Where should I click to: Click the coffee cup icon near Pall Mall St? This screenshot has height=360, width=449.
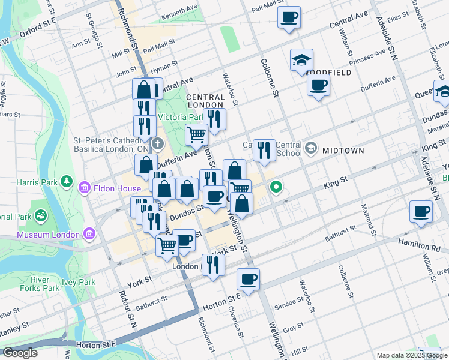(289, 17)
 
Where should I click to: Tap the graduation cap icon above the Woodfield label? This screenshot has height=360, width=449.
(301, 60)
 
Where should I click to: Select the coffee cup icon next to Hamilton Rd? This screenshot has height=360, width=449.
(421, 211)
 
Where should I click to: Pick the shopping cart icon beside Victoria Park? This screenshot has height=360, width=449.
(196, 135)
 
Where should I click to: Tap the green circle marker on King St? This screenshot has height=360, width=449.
(276, 187)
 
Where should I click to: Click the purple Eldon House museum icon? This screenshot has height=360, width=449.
(84, 188)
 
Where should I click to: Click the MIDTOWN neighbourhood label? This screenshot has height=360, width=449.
(343, 151)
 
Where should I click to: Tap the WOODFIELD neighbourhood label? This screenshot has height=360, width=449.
(330, 72)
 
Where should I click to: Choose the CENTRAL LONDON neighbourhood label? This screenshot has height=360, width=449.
(205, 101)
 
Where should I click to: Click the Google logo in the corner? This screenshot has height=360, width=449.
(20, 353)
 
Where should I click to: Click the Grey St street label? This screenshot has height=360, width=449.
(294, 329)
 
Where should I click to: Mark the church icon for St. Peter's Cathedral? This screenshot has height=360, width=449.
(157, 143)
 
